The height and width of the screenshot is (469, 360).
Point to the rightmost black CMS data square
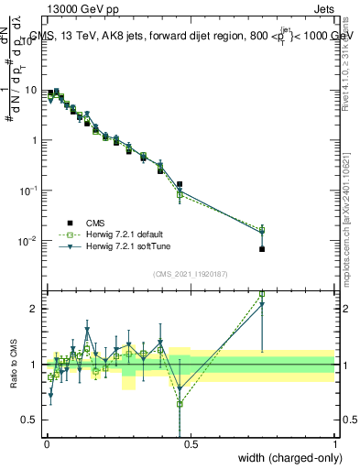[262, 249]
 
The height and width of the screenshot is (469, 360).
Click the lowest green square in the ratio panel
[180, 403]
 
